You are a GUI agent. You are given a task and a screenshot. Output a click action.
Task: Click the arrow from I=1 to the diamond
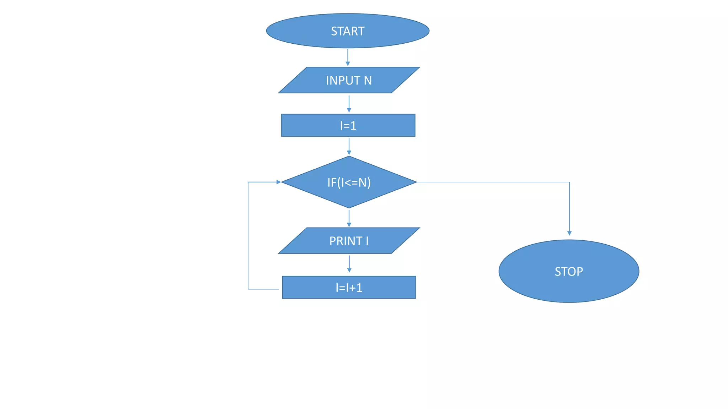tap(349, 146)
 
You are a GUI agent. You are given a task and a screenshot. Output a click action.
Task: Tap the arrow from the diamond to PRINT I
tap(349, 218)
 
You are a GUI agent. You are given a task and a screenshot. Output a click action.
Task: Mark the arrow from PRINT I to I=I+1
tap(349, 263)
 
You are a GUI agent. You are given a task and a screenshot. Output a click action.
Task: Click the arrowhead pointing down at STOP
tap(569, 233)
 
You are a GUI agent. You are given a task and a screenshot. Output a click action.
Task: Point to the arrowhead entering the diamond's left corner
tap(279, 182)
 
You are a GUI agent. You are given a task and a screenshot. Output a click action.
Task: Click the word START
tap(348, 31)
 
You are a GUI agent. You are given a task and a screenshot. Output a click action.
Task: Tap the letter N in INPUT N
tap(368, 81)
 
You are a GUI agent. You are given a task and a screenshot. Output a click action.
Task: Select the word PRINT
tap(346, 241)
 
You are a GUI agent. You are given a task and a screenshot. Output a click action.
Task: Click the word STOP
tap(569, 272)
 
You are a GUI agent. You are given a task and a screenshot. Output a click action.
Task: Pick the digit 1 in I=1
tap(353, 126)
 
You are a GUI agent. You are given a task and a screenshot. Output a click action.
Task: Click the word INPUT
tap(343, 81)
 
